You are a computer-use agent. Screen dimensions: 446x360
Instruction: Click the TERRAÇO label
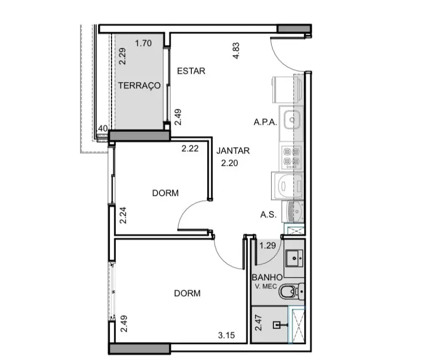coord(139,85)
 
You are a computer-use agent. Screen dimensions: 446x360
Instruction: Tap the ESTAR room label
coord(191,71)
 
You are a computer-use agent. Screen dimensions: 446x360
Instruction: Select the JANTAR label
coord(233,150)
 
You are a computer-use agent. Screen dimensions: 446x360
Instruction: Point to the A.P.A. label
coord(265,122)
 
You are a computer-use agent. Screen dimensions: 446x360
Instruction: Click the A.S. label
coord(269,214)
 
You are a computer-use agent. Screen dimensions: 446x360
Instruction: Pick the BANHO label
coord(267,277)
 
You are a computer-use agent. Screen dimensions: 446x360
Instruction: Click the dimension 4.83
coord(236,51)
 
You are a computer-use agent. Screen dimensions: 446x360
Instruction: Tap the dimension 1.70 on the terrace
coord(144,43)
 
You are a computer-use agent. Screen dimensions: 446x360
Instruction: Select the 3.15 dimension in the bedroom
coord(227,336)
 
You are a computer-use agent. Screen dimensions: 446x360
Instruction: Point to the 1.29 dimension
coord(268,246)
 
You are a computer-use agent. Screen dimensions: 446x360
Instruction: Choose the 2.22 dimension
coord(190,149)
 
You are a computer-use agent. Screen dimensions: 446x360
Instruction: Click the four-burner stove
coord(292,157)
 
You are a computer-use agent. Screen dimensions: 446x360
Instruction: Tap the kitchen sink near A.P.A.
coord(292,120)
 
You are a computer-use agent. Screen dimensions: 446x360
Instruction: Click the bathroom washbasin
coord(294,258)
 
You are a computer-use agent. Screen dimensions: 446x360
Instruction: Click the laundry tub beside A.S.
coord(295,211)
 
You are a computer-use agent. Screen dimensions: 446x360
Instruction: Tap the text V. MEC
coord(266,286)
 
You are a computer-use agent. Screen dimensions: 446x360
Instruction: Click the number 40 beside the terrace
coord(103,128)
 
